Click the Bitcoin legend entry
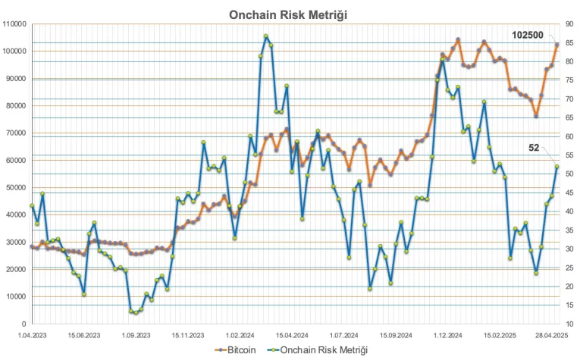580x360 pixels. tap(235, 350)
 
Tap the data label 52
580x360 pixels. tap(534, 149)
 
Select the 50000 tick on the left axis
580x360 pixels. tap(17, 188)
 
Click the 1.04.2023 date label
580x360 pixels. tap(32, 334)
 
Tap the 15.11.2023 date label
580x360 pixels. tap(187, 334)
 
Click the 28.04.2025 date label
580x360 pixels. tap(550, 334)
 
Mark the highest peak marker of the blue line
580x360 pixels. tap(266, 36)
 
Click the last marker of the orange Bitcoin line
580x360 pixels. tap(557, 45)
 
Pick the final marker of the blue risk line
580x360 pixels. tap(557, 167)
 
